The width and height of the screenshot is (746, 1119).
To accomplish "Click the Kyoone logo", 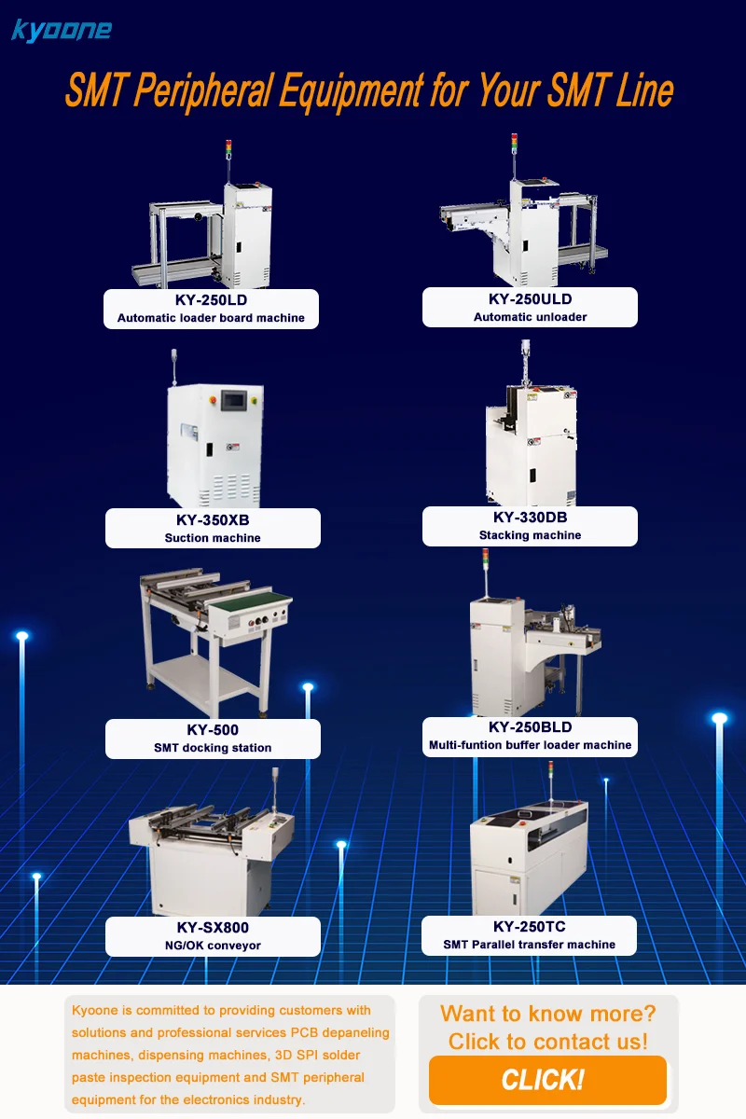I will pos(62,30).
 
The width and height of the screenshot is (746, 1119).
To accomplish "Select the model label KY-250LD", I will pos(211,301).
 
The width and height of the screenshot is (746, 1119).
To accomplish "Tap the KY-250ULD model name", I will pos(530,299).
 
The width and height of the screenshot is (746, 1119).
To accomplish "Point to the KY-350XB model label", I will pos(213,520).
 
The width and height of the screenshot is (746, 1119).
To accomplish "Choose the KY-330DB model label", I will pos(530,518).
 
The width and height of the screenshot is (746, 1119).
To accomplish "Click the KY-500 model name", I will pos(213,730).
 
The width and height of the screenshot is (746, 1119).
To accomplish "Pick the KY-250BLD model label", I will pos(530,727).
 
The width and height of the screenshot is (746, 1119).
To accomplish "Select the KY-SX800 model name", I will pos(213,928).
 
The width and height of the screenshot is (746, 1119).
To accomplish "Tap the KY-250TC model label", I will pos(530,927).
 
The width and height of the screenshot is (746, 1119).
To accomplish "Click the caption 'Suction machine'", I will pos(213,538).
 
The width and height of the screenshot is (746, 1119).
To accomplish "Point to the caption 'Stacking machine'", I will pos(530,535).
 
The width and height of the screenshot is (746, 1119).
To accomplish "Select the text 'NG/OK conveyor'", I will pos(213,946).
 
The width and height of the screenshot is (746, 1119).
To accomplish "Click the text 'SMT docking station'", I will pos(213,748).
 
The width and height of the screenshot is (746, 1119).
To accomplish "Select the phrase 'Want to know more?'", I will pos(547,1014).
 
